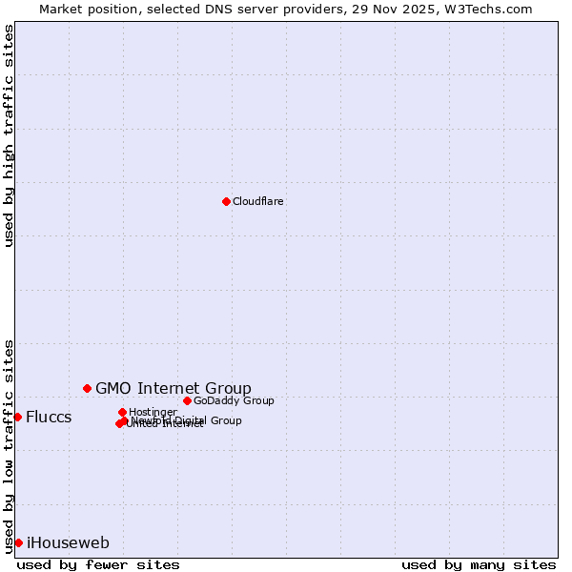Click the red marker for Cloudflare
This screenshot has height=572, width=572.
click(x=226, y=201)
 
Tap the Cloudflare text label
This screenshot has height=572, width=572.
click(x=257, y=202)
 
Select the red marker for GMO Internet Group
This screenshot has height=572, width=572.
click(x=87, y=388)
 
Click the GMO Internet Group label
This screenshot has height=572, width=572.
click(x=173, y=388)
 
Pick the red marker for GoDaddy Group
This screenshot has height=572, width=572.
click(x=187, y=400)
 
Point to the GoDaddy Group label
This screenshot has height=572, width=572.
click(x=234, y=401)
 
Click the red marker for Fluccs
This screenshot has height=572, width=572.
click(x=17, y=417)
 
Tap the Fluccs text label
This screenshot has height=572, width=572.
click(x=49, y=418)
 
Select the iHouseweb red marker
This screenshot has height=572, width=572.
click(x=18, y=542)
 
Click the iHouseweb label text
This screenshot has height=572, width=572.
click(x=68, y=543)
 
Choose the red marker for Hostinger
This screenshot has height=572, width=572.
click(x=122, y=412)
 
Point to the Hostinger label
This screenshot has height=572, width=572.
click(x=153, y=413)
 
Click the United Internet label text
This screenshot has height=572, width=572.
click(x=164, y=424)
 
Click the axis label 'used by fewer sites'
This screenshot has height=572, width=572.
click(x=98, y=564)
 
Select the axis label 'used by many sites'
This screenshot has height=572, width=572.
click(x=478, y=564)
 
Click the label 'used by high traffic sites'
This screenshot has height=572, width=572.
click(x=10, y=135)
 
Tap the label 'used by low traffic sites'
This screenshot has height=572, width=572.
click(x=10, y=445)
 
